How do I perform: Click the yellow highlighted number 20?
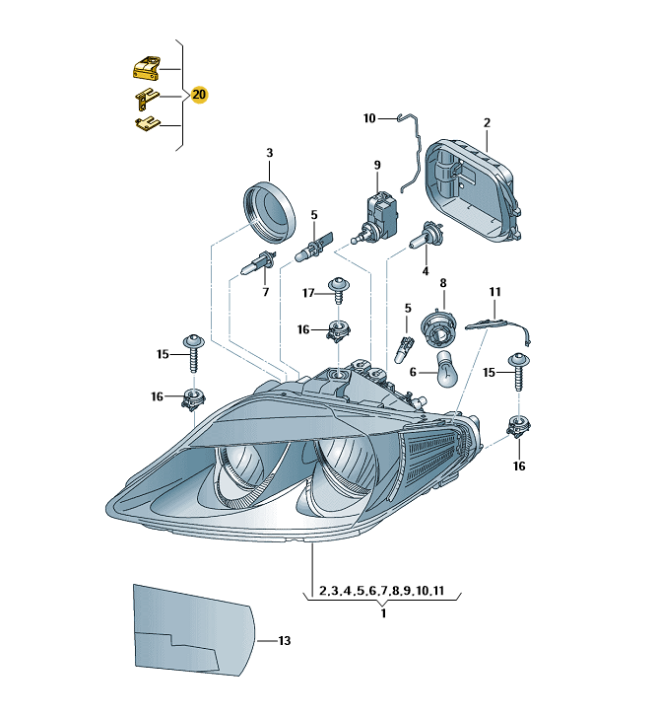point(200,95)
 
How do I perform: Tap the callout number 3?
point(270,153)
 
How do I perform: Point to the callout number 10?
point(369,118)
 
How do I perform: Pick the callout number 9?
point(376,164)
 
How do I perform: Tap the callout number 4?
point(426,269)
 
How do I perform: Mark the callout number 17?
point(307,293)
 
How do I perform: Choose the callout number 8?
point(442,283)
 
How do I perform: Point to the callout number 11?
point(495,292)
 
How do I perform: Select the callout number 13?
point(284,641)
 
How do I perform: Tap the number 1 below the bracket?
point(382,612)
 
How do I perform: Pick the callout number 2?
point(487,123)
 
